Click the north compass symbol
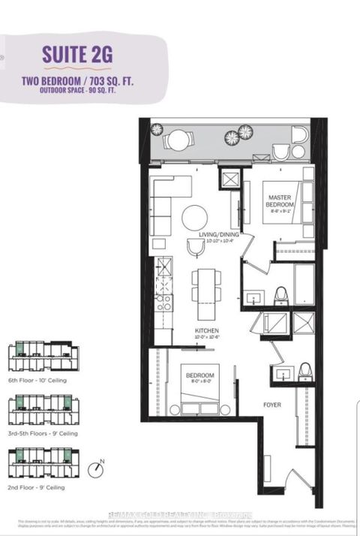[95, 469]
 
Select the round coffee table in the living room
[195, 218]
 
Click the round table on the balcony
[179, 140]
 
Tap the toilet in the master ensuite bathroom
[281, 294]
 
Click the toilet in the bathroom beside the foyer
[305, 370]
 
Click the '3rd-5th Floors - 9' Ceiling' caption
[42, 433]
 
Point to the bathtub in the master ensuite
[304, 288]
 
